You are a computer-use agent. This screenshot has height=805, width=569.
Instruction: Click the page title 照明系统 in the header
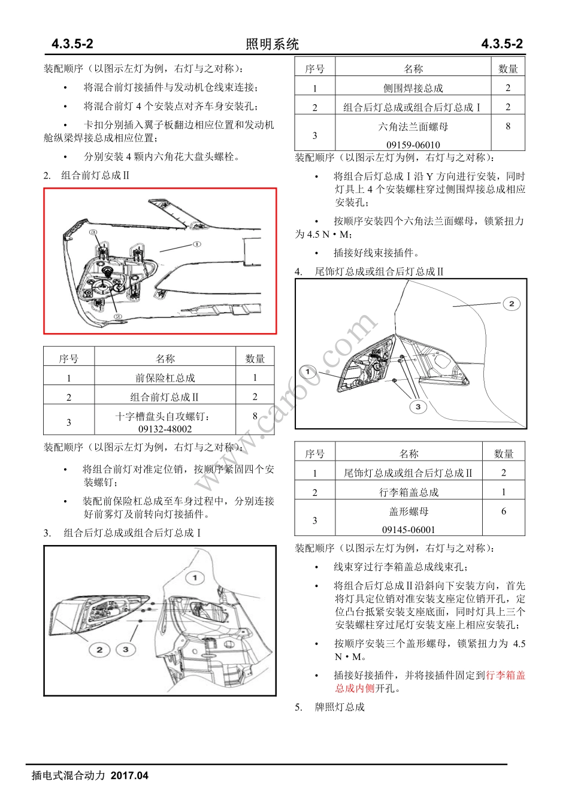(272, 44)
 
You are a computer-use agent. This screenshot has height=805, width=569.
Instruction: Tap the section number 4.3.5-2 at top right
(502, 44)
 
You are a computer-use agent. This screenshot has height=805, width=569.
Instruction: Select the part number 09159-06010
(413, 145)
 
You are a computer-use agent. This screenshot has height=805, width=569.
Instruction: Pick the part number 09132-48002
(165, 429)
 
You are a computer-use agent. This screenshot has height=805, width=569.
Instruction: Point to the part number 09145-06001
(408, 529)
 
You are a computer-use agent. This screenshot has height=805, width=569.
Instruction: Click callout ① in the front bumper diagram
(197, 244)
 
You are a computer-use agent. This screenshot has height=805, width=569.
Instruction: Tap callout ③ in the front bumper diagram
(93, 232)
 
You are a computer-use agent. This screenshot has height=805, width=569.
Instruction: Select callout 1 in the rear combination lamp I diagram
(195, 578)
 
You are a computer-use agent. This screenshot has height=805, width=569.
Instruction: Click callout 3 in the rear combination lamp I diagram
(125, 649)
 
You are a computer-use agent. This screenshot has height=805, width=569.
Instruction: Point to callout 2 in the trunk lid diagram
(511, 304)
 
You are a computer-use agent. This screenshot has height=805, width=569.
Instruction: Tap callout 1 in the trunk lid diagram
(308, 372)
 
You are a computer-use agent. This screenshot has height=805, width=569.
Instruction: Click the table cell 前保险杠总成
(165, 378)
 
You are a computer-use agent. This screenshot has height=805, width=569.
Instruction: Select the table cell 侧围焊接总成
(413, 88)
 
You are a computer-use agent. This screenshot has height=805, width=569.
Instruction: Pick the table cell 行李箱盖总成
(408, 492)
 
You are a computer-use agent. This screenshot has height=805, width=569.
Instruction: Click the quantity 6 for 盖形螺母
(503, 512)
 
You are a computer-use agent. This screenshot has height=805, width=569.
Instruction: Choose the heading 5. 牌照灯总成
(329, 707)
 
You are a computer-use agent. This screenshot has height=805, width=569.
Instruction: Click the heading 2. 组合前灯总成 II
(86, 175)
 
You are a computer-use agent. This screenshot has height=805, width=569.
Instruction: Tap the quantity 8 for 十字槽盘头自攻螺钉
(255, 416)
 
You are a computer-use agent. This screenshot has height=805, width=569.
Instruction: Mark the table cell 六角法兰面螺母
(413, 127)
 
